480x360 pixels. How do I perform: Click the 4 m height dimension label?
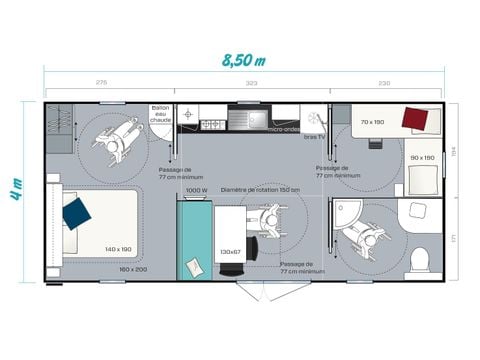coord(17,186)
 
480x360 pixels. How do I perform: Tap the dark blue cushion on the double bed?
coord(76,212)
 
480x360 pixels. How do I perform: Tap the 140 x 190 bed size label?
coord(118,249)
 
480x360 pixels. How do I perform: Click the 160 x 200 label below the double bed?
coord(133,269)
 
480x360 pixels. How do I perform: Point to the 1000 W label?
coord(196,190)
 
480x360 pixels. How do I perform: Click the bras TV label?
coord(314,136)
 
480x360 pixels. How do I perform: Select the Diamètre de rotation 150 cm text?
coord(260,190)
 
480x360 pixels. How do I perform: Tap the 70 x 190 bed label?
coord(373,122)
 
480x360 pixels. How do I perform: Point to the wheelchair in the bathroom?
coord(358,233)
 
